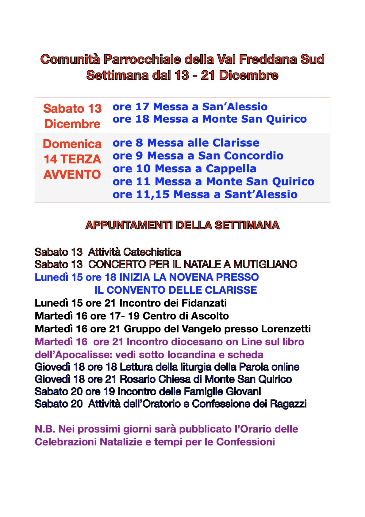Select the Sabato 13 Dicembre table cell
click(x=72, y=116)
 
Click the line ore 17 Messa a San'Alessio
click(x=190, y=107)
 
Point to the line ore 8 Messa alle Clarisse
click(x=186, y=143)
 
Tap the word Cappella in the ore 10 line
click(x=231, y=169)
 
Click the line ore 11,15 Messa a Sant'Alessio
click(x=205, y=194)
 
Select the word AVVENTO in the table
click(x=72, y=174)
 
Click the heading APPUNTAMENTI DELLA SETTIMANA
click(x=182, y=225)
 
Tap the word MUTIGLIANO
click(x=265, y=264)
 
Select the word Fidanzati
click(x=204, y=303)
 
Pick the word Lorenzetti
click(x=286, y=329)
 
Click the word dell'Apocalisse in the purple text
click(x=74, y=355)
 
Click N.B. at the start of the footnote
click(x=45, y=429)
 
